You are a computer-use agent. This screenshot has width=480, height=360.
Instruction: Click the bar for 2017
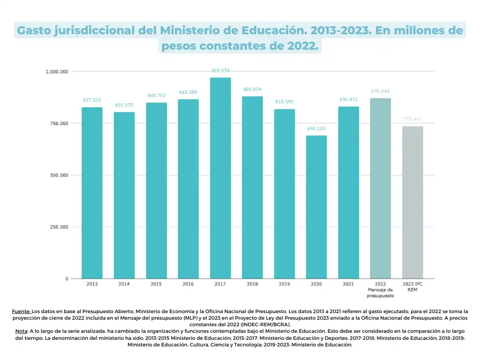click(x=220, y=178)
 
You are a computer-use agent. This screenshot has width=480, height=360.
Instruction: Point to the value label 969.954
click(x=220, y=71)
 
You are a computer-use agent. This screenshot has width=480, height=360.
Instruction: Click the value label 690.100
click(x=316, y=129)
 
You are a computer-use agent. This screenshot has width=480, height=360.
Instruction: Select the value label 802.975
click(x=124, y=105)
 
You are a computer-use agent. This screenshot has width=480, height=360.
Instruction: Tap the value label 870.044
click(x=380, y=91)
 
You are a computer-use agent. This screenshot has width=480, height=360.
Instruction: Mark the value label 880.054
click(x=252, y=90)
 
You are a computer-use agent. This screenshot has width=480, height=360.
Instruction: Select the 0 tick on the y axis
click(x=67, y=279)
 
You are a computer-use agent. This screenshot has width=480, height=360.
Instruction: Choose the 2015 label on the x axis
click(x=156, y=284)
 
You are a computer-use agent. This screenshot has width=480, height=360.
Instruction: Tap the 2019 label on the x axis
click(x=284, y=284)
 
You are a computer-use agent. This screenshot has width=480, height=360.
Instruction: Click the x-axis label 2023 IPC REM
click(x=412, y=287)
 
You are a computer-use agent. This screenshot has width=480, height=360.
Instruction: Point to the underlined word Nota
click(x=22, y=331)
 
